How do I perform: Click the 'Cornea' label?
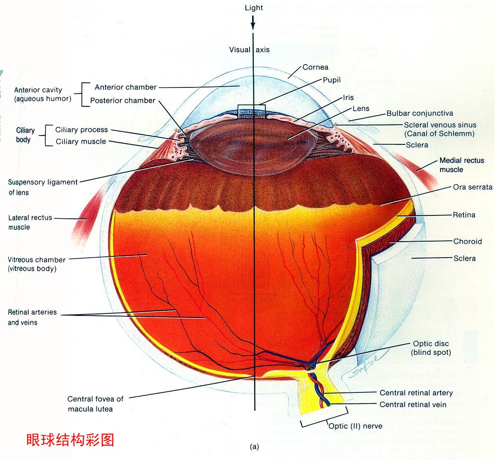pos(315,67)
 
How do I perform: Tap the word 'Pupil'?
pos(332,80)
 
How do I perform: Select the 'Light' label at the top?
pos(253,8)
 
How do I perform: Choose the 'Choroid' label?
pos(468,242)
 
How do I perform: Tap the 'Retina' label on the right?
pos(464,215)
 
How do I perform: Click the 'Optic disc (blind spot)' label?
pos(431,348)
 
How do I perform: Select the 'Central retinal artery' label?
pos(416,393)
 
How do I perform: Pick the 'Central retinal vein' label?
pos(413,405)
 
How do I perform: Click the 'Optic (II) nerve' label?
pos(355,426)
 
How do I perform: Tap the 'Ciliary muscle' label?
pos(81,142)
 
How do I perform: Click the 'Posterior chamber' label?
pos(122,101)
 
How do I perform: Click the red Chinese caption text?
pos(70,440)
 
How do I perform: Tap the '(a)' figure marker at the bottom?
pos(254,446)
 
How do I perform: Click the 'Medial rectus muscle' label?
pos(462,165)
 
